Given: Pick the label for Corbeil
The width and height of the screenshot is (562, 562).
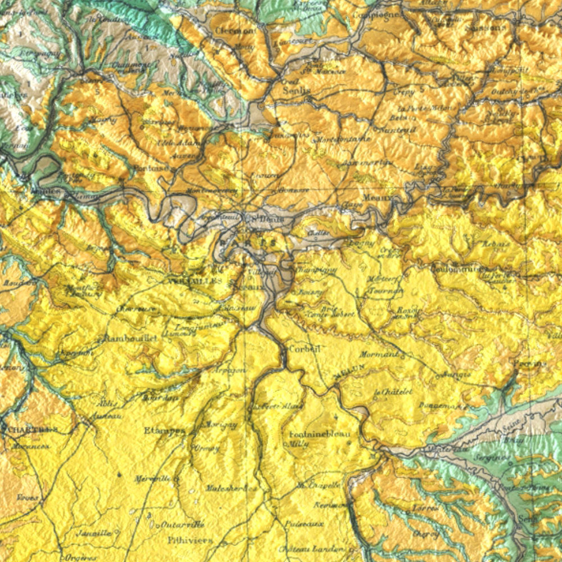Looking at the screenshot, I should point(303,349).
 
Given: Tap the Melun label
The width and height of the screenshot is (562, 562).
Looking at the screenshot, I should point(348,371).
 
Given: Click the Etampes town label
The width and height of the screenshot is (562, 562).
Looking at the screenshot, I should point(165,430).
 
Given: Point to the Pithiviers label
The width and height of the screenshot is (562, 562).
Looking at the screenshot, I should point(190,540).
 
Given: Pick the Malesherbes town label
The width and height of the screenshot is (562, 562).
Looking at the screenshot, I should point(225,488).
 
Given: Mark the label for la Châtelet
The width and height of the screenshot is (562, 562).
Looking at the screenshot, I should point(393,392).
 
